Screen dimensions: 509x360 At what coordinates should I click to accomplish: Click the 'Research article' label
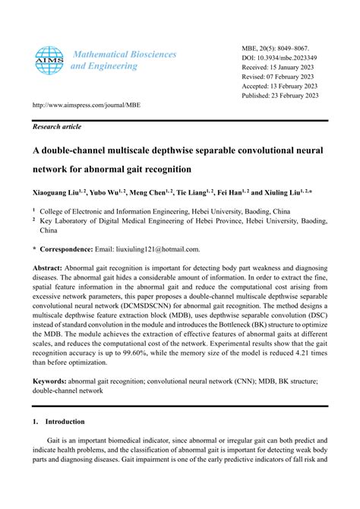56,127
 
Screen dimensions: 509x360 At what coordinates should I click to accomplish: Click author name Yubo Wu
111,193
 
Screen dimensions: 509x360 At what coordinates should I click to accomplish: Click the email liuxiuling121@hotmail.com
157,248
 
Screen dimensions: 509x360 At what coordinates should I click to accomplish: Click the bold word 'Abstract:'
47,269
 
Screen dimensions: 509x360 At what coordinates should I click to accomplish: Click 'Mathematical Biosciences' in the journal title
123,55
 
